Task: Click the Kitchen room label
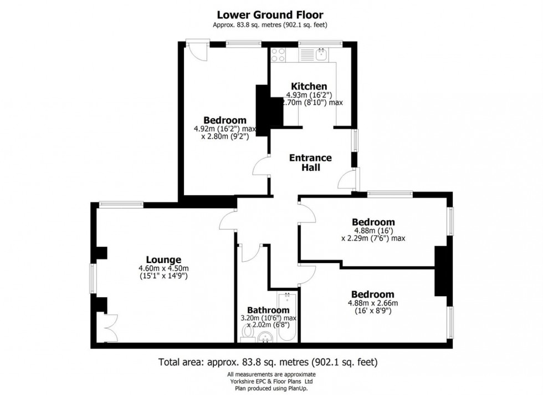tap(309, 86)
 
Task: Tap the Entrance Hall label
tap(310, 163)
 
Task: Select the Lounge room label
tap(163, 259)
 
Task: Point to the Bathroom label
tap(268, 310)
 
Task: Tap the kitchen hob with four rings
tap(278, 54)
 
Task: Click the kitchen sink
tap(321, 54)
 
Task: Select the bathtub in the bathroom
tap(287, 316)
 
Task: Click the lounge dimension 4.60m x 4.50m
tap(163, 269)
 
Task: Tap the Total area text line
tap(268, 363)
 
